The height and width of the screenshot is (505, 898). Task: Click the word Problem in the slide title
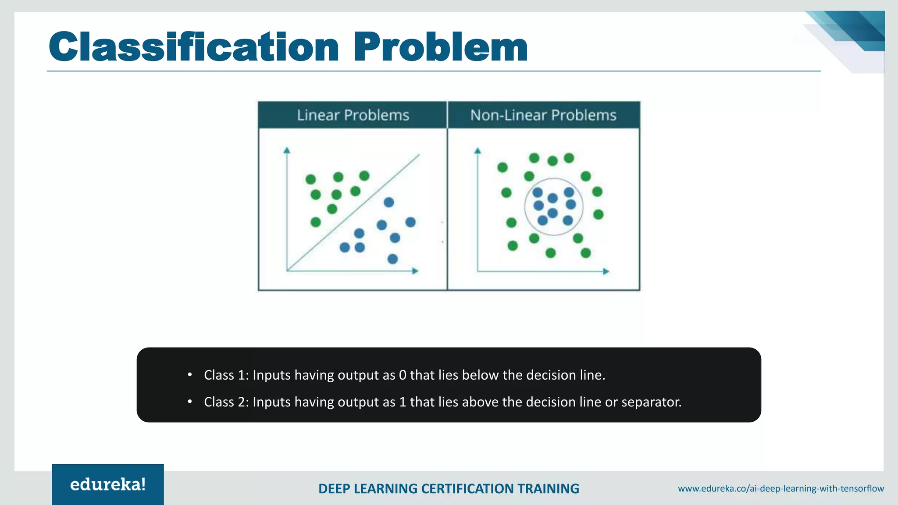(x=440, y=47)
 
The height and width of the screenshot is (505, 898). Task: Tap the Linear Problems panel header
(x=353, y=115)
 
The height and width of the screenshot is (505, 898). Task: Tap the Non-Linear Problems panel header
(x=543, y=115)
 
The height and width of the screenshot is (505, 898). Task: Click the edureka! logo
(x=108, y=484)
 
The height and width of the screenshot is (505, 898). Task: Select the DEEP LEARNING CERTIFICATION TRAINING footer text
(x=449, y=488)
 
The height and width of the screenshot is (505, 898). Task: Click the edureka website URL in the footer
(x=780, y=488)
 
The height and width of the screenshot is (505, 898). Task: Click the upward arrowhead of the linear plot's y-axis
(x=287, y=151)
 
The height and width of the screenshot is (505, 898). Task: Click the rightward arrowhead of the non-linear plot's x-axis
(x=606, y=271)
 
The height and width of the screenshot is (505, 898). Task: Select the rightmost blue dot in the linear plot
(x=410, y=222)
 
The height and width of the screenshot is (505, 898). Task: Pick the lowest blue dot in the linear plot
(x=392, y=259)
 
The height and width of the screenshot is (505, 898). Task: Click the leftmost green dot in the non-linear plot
(x=502, y=167)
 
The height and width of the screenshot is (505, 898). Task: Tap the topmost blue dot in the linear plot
(x=388, y=202)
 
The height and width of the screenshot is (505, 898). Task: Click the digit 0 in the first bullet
(x=403, y=375)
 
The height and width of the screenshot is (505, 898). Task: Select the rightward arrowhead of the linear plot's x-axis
(x=415, y=271)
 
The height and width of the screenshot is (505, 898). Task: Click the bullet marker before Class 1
(x=190, y=375)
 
